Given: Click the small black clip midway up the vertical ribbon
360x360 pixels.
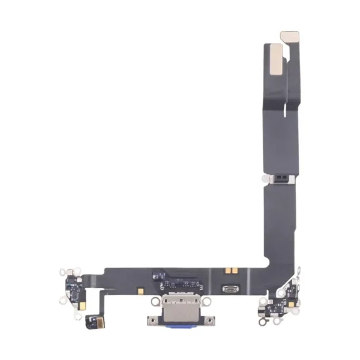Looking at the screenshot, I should [x=280, y=178].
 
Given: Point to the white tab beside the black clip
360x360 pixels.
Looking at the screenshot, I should [x=265, y=178].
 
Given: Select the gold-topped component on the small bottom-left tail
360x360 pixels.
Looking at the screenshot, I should [x=93, y=317].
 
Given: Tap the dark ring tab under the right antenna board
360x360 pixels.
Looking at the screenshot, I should [x=262, y=322].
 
